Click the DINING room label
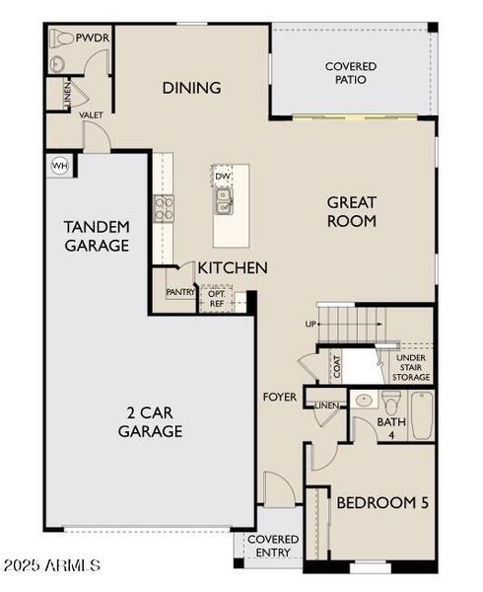point(191,88)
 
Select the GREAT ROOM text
point(352,212)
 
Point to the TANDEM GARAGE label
point(97,235)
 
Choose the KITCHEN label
point(233,267)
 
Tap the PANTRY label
point(179,292)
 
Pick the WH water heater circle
point(59,165)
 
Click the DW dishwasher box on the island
point(224,178)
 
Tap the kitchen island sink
point(226,203)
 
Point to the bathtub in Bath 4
point(422,416)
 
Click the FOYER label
point(279,398)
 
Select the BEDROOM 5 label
point(382,503)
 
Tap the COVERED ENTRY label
point(272,547)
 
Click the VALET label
point(92,115)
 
